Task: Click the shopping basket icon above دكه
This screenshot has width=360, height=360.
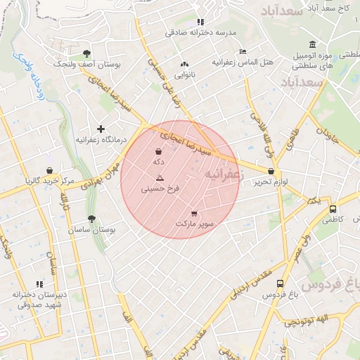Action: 158,151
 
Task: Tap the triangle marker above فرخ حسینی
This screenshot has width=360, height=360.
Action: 160,178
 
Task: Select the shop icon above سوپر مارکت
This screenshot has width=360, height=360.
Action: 194,214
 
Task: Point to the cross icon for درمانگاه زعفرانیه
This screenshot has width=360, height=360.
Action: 101,129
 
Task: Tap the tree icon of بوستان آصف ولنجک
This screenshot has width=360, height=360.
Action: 86,53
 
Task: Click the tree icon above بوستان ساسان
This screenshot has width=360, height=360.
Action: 91,219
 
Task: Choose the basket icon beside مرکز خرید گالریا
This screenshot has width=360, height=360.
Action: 49,170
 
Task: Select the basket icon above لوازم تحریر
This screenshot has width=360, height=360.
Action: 271,171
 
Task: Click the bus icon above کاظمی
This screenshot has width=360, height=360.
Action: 333,209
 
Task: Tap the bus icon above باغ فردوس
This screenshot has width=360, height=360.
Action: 281,284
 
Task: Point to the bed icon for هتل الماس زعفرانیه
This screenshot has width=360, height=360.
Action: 243,51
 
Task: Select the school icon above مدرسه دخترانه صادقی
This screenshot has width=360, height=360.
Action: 200,22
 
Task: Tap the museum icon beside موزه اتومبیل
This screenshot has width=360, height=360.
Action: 292,44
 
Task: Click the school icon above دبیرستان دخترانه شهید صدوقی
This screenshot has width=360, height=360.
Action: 49,284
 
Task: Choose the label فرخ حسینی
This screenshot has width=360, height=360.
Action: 160,188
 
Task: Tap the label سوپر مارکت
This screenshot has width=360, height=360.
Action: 195,224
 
